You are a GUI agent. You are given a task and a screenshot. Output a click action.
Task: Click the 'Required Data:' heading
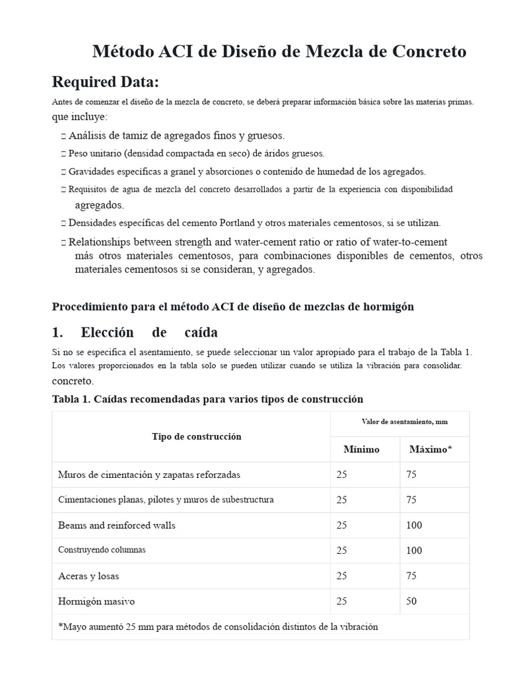105,83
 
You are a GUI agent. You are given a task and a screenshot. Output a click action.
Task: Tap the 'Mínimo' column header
361,449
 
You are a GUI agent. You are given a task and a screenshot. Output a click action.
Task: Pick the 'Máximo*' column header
430,449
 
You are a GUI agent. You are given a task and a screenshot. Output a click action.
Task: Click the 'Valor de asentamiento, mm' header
399,421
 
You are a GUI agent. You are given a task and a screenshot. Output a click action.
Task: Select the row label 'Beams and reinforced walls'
117,525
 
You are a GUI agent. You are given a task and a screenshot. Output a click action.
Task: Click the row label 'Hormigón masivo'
96,601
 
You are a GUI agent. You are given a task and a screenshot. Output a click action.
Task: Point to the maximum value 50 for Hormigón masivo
411,601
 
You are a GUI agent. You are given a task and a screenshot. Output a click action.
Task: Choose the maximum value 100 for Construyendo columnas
414,551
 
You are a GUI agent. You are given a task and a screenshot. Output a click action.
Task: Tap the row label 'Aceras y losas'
89,576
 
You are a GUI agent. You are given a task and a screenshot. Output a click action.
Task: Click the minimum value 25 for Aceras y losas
341,576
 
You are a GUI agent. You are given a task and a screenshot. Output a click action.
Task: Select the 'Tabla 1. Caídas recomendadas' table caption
207,399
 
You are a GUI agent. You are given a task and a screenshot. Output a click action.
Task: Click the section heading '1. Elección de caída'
135,331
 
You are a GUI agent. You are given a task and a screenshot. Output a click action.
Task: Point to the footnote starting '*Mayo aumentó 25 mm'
218,626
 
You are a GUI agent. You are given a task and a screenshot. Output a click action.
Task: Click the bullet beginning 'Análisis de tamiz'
176,135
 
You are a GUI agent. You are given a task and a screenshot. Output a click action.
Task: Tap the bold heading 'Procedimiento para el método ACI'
232,306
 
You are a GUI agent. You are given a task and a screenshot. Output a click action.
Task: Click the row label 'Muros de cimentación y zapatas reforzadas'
149,475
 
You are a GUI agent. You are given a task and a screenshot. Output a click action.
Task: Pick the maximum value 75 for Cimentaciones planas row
411,500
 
